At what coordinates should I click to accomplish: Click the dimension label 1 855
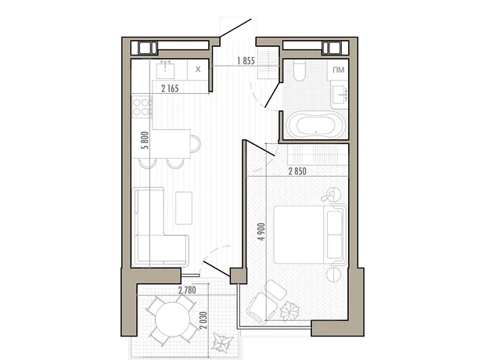pyautogui.click(x=246, y=61)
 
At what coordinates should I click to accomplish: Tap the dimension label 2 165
pyautogui.click(x=170, y=88)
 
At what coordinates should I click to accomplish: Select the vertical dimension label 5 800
pyautogui.click(x=145, y=140)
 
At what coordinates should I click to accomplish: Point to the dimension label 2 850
pyautogui.click(x=297, y=171)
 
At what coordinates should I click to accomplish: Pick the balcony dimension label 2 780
pyautogui.click(x=187, y=290)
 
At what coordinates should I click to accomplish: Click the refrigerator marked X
pyautogui.click(x=198, y=70)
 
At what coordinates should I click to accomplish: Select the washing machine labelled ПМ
pyautogui.click(x=339, y=70)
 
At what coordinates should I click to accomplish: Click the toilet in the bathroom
pyautogui.click(x=299, y=70)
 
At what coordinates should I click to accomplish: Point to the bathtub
pyautogui.click(x=315, y=125)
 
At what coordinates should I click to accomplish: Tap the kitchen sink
pyautogui.click(x=165, y=70)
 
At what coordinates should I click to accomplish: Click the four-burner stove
pyautogui.click(x=142, y=106)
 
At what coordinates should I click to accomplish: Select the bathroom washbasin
pyautogui.click(x=339, y=95)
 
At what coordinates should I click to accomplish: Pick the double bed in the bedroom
pyautogui.click(x=310, y=234)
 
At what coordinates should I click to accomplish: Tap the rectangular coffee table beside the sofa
pyautogui.click(x=184, y=208)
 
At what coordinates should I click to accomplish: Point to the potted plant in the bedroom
pyautogui.click(x=289, y=311)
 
